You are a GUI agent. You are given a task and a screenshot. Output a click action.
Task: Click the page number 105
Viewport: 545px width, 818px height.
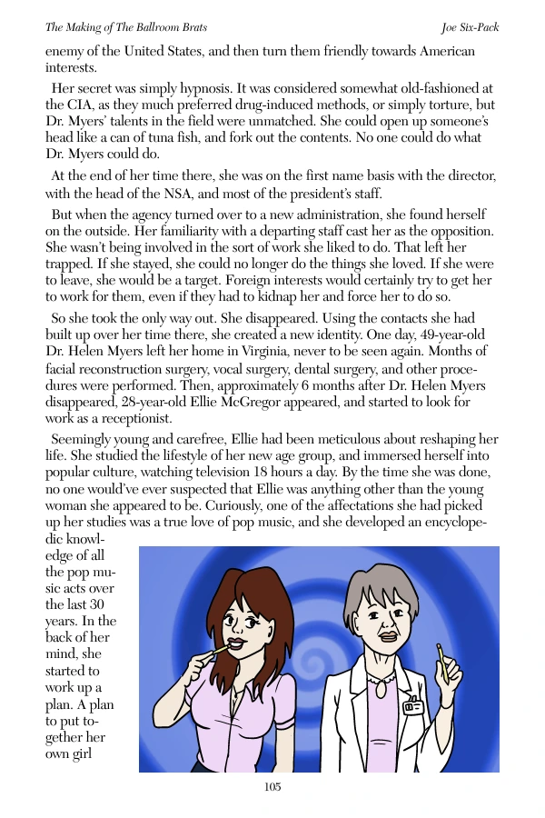(x=272, y=787)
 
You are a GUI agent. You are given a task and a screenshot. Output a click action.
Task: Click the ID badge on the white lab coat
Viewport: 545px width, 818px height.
(x=412, y=704)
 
